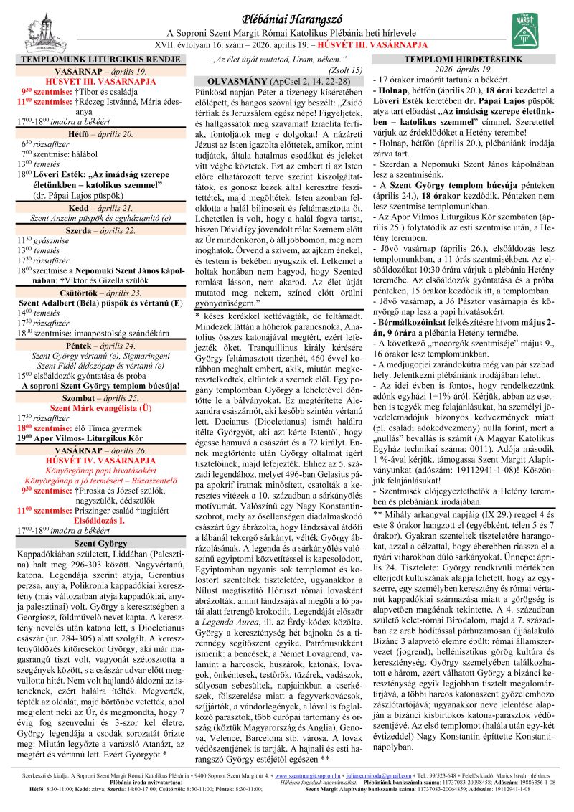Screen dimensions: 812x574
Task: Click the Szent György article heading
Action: click(x=101, y=523)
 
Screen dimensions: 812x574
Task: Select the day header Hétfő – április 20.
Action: click(x=101, y=133)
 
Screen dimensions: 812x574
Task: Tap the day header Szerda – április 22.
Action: click(x=101, y=232)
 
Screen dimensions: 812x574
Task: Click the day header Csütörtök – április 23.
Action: click(x=101, y=293)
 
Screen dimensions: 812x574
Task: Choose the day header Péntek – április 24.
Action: click(x=101, y=345)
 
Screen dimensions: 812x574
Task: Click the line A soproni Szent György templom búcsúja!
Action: click(x=101, y=385)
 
